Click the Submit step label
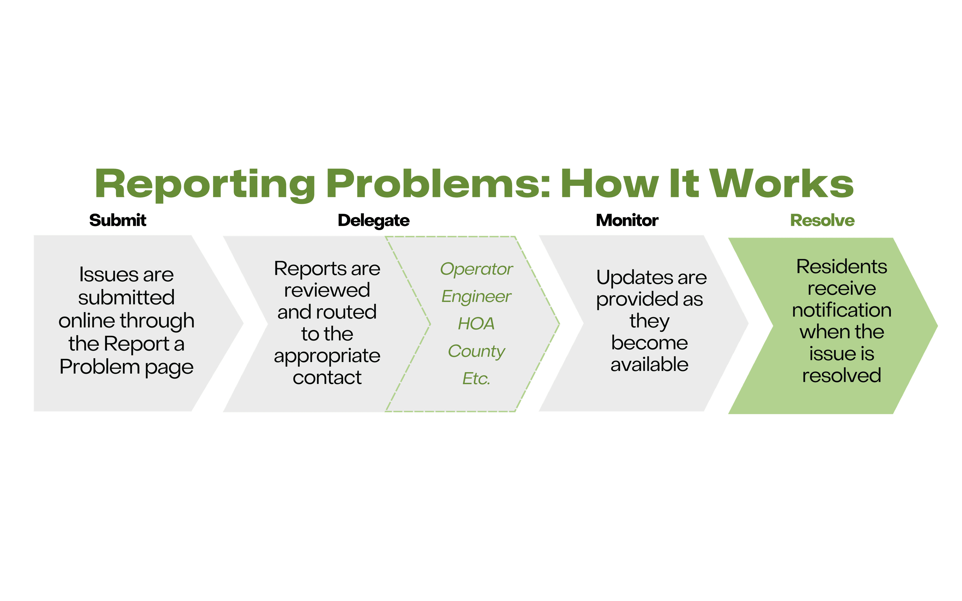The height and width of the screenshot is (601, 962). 118,220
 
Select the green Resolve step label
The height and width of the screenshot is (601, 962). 822,220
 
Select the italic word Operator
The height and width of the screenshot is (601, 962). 476,269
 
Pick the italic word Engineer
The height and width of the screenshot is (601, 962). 476,296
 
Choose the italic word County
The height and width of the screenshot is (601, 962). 476,351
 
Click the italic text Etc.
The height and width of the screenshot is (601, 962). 476,378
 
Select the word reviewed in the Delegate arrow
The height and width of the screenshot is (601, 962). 327,290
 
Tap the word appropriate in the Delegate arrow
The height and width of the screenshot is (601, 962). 327,356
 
